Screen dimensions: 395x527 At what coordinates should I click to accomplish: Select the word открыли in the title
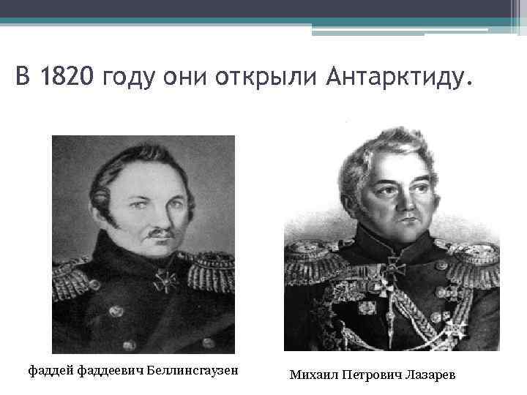266,76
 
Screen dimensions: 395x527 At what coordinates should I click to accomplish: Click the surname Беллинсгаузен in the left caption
193,370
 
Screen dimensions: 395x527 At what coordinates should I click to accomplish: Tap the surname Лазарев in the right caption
430,375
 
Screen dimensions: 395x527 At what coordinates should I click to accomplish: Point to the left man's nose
149,216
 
